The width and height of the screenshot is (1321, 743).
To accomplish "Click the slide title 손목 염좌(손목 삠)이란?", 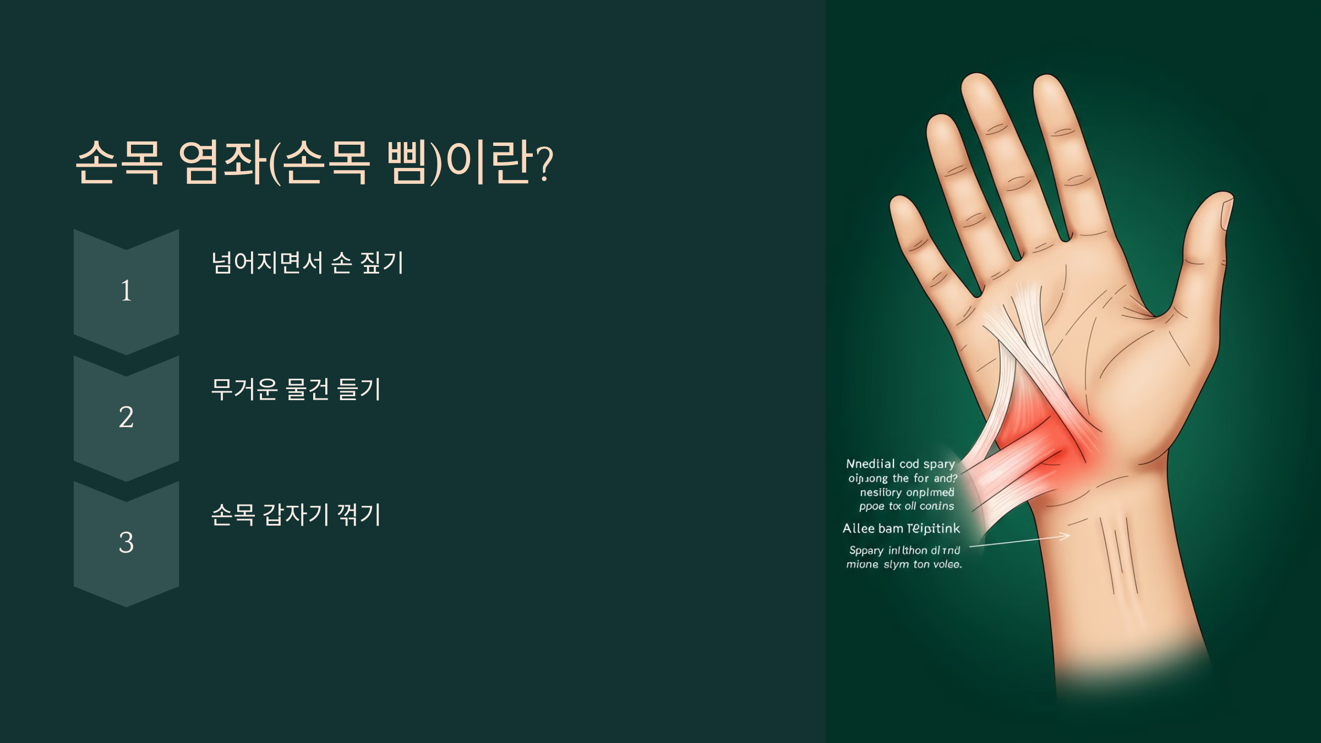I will (x=314, y=162).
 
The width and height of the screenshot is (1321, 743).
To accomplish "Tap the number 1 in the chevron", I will (x=126, y=291).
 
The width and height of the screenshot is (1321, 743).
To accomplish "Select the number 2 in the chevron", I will (x=126, y=417).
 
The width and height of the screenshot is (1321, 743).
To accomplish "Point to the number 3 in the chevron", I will (x=126, y=543).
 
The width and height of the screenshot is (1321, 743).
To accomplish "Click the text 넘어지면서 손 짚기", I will (x=308, y=263).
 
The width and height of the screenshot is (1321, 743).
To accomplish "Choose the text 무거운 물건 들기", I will (x=296, y=389).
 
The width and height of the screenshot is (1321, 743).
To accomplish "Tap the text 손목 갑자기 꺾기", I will (x=296, y=515).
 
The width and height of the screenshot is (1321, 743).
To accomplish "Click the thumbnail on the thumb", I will (x=1226, y=215).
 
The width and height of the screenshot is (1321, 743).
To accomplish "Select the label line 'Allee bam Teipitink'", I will (x=901, y=528).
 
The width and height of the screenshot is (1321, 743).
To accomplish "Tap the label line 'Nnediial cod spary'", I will (x=900, y=464).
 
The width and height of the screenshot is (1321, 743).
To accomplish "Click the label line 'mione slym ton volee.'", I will (x=904, y=564).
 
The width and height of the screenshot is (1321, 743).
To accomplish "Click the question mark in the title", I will (x=544, y=163).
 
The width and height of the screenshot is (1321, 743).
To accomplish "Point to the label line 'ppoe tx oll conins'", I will (x=907, y=506).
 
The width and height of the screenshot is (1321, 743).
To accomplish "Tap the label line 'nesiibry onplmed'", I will (x=907, y=492).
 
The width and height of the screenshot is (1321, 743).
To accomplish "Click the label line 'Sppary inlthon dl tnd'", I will (x=904, y=550).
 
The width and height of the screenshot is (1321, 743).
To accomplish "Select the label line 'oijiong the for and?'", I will (x=903, y=478).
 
